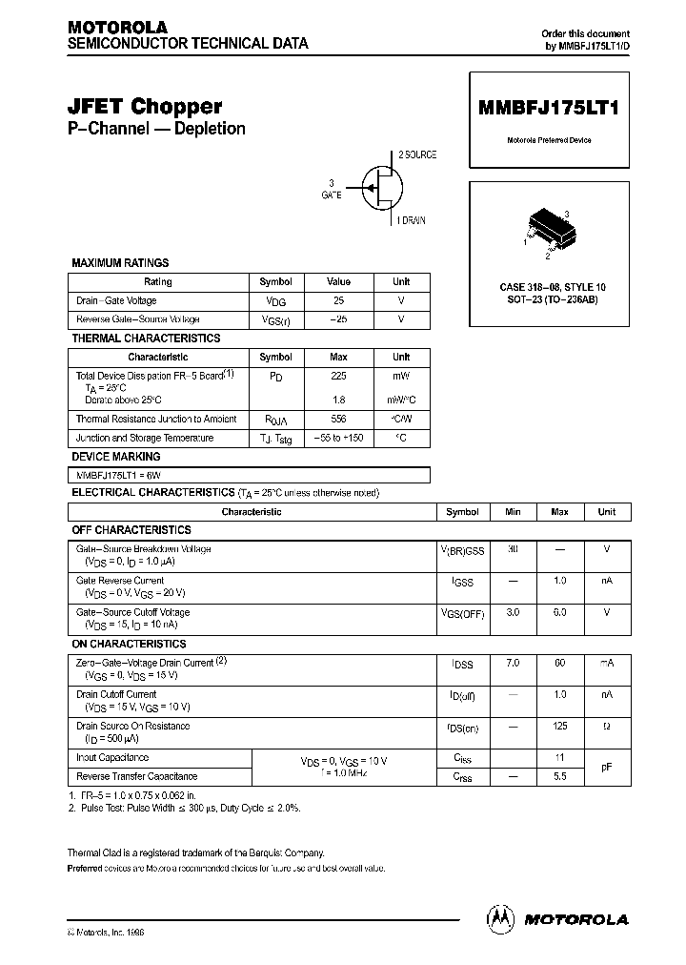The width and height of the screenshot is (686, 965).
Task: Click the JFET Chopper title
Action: click(145, 107)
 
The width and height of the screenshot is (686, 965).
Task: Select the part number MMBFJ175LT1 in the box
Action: click(548, 108)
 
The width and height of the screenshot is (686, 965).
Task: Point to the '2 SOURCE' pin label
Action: click(417, 154)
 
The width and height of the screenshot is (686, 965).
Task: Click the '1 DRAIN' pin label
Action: click(412, 220)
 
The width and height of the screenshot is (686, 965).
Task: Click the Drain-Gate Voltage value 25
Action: click(338, 300)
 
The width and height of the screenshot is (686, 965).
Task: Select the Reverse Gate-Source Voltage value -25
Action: click(338, 319)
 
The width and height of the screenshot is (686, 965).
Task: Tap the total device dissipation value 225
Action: click(338, 377)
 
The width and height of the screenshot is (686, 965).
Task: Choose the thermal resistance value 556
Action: click(338, 419)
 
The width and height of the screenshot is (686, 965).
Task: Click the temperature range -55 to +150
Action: click(338, 438)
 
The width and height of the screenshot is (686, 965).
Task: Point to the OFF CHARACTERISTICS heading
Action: click(131, 529)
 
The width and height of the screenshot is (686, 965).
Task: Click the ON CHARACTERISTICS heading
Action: click(130, 644)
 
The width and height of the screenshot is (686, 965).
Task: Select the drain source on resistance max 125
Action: click(559, 727)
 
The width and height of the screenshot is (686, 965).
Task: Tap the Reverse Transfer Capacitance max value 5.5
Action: click(559, 776)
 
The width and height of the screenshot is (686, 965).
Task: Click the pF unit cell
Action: click(606, 767)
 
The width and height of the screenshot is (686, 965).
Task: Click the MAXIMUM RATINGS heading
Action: click(121, 262)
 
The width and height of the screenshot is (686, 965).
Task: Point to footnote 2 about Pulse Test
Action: click(184, 808)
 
